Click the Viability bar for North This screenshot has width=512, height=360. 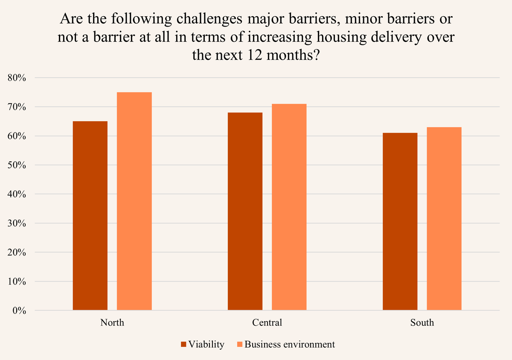click(x=90, y=216)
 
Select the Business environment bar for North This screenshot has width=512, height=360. click(x=134, y=201)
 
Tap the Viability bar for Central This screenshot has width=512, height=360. click(x=245, y=211)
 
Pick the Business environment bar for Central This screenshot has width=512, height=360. click(x=289, y=207)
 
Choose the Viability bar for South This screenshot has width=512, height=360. click(x=400, y=222)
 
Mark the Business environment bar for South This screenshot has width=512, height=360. click(x=444, y=219)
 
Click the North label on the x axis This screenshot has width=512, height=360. click(x=112, y=322)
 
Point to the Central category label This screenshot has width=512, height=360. click(x=267, y=322)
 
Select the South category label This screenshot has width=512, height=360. click(x=422, y=322)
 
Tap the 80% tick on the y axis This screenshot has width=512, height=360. click(x=17, y=78)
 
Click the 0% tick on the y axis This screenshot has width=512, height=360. click(x=19, y=311)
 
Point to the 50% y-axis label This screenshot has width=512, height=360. click(x=17, y=165)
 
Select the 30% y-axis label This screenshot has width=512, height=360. click(x=17, y=223)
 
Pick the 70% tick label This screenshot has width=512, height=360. click(x=17, y=107)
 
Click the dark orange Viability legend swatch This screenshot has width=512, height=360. click(x=184, y=345)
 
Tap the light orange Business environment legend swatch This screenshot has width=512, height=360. click(x=240, y=345)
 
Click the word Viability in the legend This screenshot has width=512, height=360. click(x=206, y=345)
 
